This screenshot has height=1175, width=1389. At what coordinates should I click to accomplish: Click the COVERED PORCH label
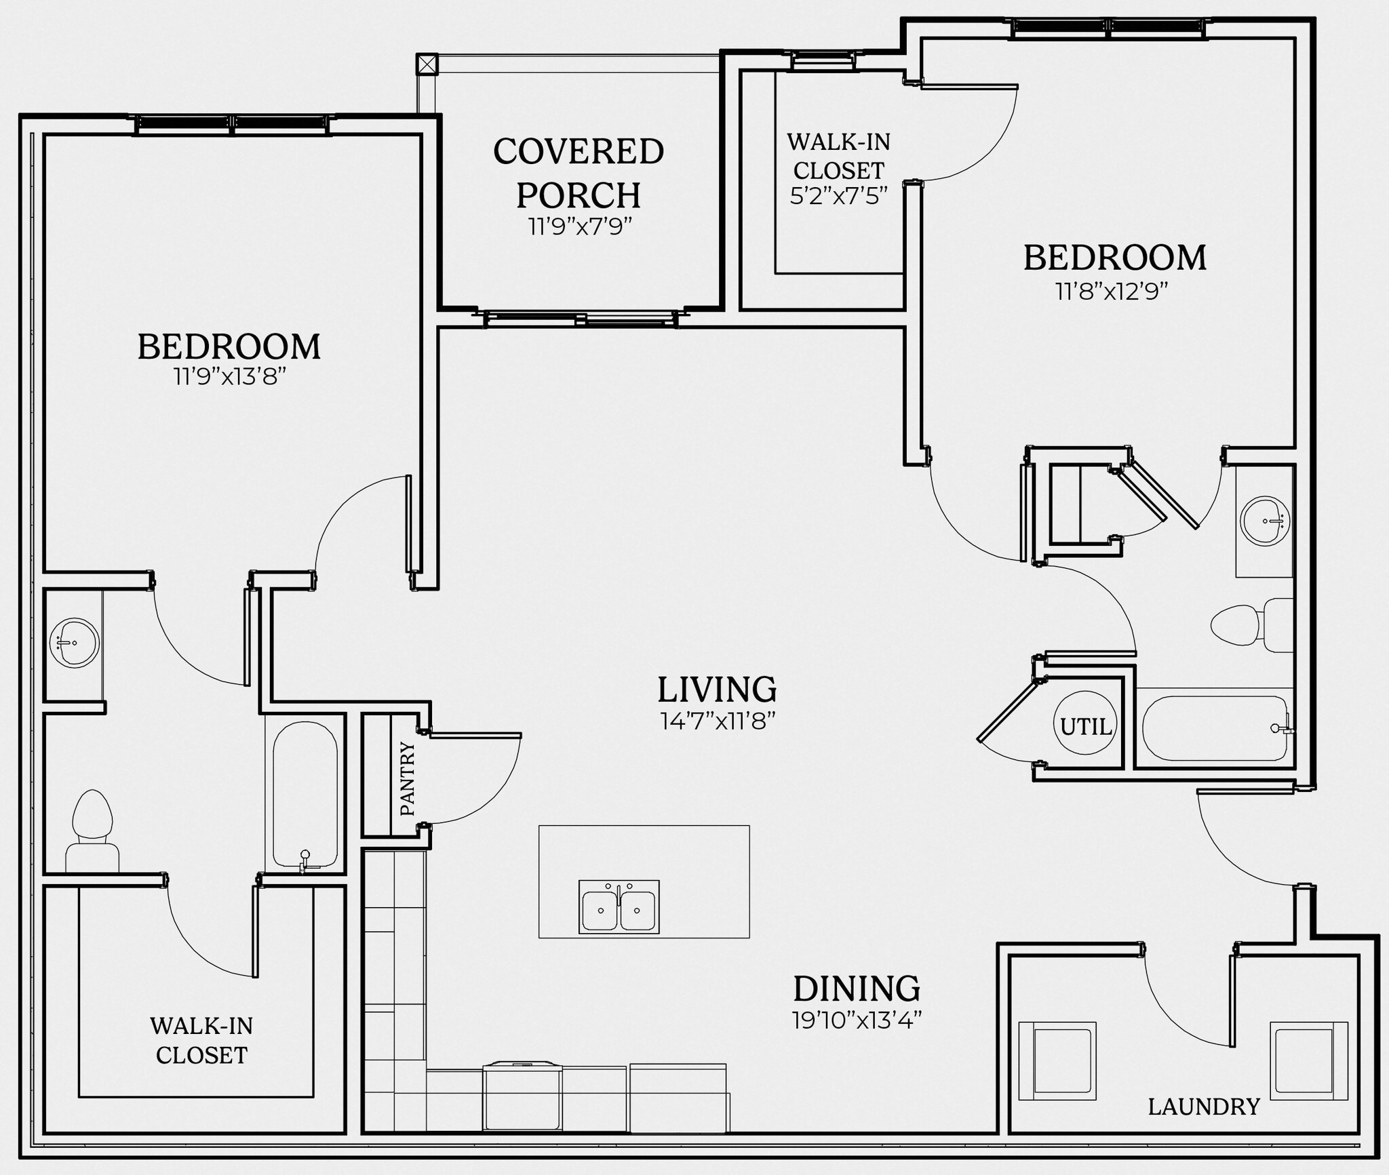579,173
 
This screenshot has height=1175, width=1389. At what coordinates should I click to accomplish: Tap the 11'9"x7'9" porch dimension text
580,226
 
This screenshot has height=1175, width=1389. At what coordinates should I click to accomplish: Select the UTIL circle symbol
1085,726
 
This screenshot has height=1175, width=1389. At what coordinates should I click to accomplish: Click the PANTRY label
407,778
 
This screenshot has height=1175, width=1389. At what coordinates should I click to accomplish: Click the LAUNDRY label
1203,1107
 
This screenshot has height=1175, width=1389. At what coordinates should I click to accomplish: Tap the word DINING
857,989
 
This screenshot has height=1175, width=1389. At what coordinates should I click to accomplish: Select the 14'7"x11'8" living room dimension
718,721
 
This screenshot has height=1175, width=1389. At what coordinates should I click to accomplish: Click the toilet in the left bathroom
92,830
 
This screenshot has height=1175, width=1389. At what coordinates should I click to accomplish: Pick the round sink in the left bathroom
75,642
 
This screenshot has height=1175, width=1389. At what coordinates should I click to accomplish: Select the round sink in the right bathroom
1264,521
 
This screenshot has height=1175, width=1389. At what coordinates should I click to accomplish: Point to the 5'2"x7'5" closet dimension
838,196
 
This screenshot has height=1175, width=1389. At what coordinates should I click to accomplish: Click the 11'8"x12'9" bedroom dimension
1112,292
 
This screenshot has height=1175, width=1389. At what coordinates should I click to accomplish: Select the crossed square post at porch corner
427,64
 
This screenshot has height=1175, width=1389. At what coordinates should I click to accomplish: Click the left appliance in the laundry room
1057,1060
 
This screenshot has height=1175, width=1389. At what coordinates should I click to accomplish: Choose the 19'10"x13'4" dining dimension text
857,1020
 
